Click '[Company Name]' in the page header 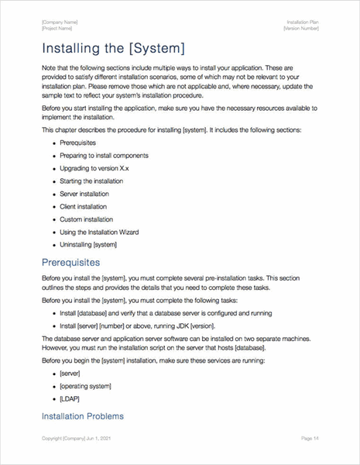(60, 22)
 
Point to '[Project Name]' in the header (57, 28)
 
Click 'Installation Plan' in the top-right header (303, 22)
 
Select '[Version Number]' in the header (301, 28)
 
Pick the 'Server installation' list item (84, 194)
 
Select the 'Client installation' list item (84, 206)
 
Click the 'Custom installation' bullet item (86, 219)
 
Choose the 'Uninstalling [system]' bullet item (88, 245)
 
